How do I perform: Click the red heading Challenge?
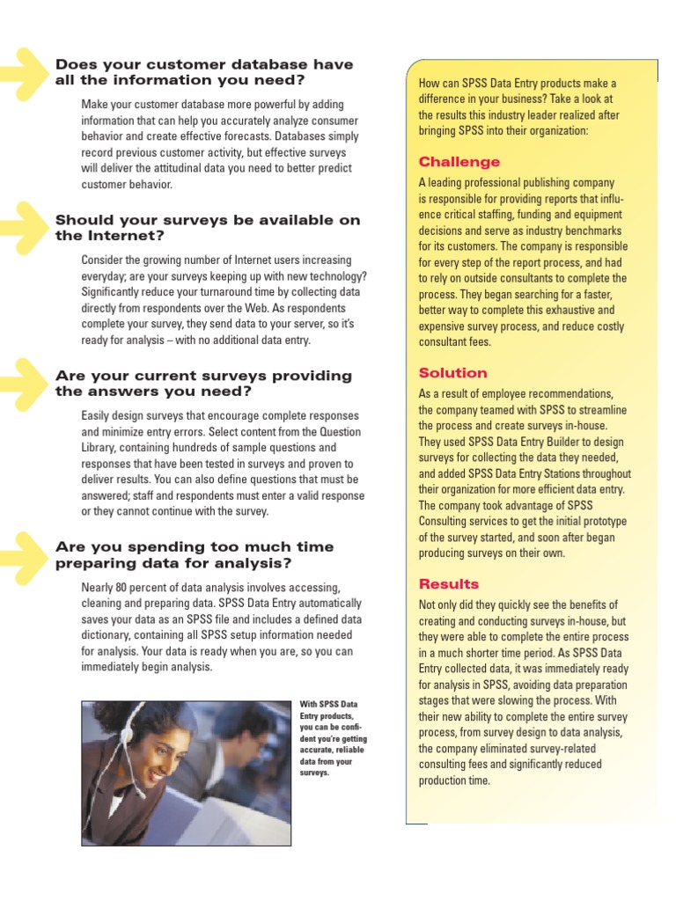click(x=459, y=162)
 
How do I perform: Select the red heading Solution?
click(x=452, y=373)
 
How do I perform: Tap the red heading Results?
click(x=449, y=584)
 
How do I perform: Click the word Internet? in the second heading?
click(x=133, y=236)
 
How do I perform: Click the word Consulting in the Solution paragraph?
click(x=447, y=521)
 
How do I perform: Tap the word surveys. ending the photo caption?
click(x=314, y=773)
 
